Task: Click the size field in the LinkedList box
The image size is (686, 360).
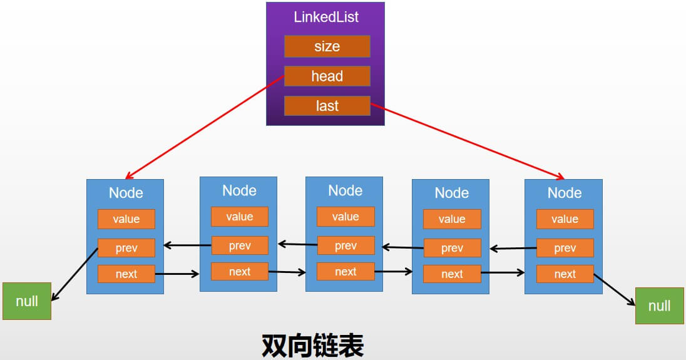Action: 327,46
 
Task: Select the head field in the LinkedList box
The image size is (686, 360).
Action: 327,76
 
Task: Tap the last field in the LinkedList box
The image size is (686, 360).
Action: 327,106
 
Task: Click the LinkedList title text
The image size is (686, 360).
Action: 326,17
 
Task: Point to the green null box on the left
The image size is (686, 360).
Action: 27,301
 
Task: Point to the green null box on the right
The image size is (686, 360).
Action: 659,306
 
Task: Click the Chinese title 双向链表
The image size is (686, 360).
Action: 312,345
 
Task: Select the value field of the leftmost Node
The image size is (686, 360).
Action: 126,219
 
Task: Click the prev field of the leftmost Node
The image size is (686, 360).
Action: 126,248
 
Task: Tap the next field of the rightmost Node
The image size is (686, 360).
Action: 565,274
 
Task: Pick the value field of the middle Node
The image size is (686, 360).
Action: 346,217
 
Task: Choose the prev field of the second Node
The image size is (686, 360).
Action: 239,245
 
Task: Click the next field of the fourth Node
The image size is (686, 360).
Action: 452,274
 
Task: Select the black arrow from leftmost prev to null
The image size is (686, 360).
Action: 74,275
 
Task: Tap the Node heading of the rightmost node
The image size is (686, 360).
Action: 565,193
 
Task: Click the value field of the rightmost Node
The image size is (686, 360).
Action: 565,219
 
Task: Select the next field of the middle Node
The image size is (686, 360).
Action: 346,271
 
